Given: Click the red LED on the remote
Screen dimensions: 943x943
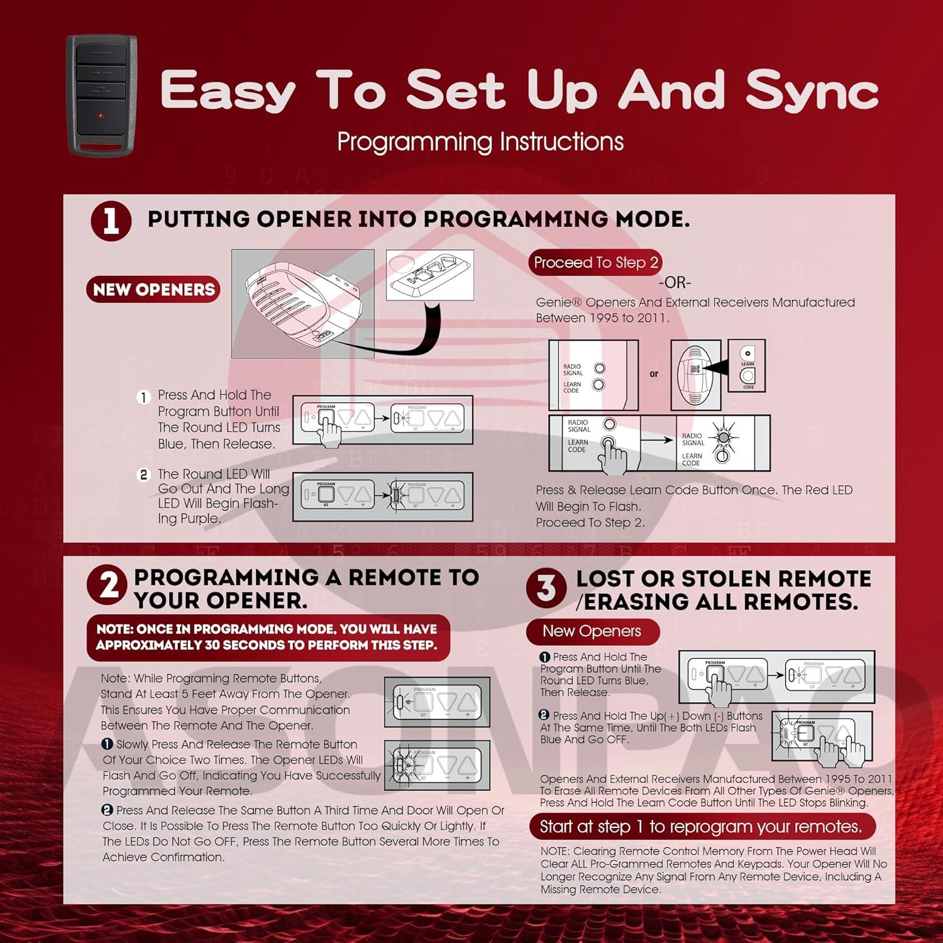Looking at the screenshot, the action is click(101, 116).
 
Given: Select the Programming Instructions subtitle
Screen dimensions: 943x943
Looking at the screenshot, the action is click(480, 141).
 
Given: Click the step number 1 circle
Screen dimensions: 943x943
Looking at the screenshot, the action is click(111, 221).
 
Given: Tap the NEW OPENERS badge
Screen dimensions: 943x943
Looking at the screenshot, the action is click(153, 289).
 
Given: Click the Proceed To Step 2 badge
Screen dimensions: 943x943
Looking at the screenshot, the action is click(595, 262).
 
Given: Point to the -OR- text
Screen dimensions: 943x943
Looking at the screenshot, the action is click(675, 282).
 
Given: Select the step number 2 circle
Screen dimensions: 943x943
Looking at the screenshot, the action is click(109, 585).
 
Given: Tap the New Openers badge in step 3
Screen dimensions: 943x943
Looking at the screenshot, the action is click(592, 631).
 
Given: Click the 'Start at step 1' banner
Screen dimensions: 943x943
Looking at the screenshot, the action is click(702, 826).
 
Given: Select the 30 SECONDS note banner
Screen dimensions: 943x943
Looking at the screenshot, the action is click(268, 637).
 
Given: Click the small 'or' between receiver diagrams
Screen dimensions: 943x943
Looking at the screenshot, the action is click(654, 374).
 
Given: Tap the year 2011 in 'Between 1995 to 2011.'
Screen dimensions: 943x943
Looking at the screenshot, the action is click(651, 318).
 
